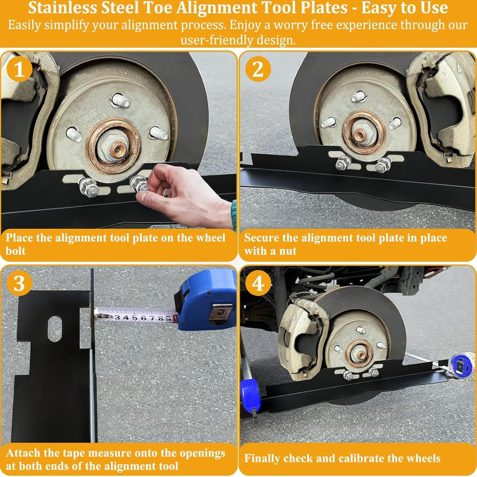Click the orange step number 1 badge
pos(19,69)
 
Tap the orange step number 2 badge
pos(258,69)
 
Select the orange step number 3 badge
pos(19,283)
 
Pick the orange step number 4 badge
pos(258,283)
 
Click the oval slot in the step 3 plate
pos(55,328)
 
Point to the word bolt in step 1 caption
pos(15,251)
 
